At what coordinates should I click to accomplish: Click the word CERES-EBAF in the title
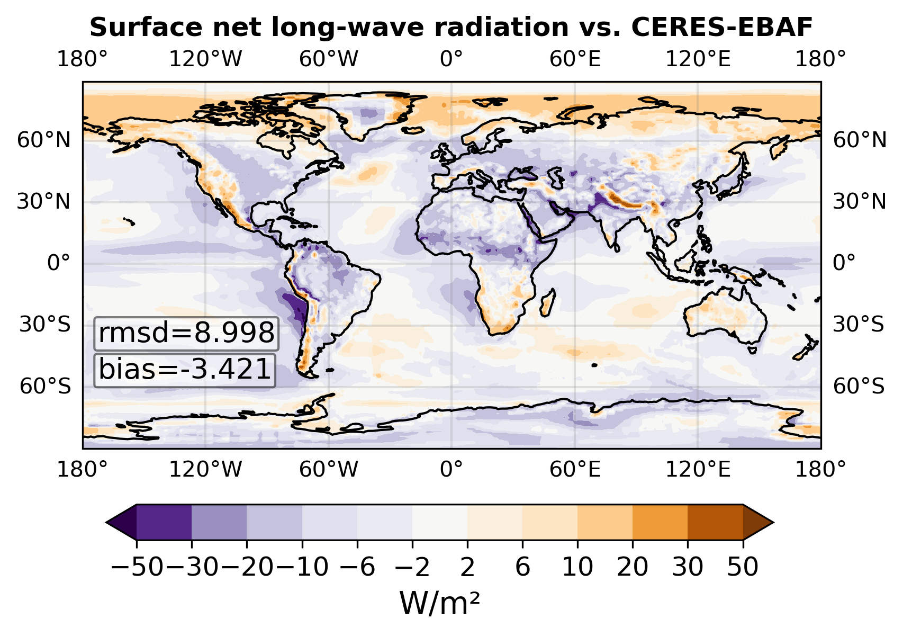(722, 28)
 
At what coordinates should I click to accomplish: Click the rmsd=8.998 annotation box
(186, 334)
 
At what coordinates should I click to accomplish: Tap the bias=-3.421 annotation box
(185, 370)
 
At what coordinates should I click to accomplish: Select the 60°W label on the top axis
(329, 59)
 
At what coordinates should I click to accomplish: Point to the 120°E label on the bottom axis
(698, 469)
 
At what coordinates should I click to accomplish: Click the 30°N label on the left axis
(43, 201)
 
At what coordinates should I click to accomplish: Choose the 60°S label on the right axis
(859, 386)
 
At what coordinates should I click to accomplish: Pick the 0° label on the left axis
(58, 263)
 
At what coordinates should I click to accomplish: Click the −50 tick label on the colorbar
(137, 567)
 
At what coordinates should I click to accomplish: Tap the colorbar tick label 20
(633, 567)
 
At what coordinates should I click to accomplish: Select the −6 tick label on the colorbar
(357, 567)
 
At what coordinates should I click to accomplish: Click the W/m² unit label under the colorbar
(439, 603)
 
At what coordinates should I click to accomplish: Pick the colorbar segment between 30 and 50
(715, 522)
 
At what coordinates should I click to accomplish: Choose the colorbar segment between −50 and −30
(164, 522)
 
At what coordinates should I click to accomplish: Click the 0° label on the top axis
(451, 59)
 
